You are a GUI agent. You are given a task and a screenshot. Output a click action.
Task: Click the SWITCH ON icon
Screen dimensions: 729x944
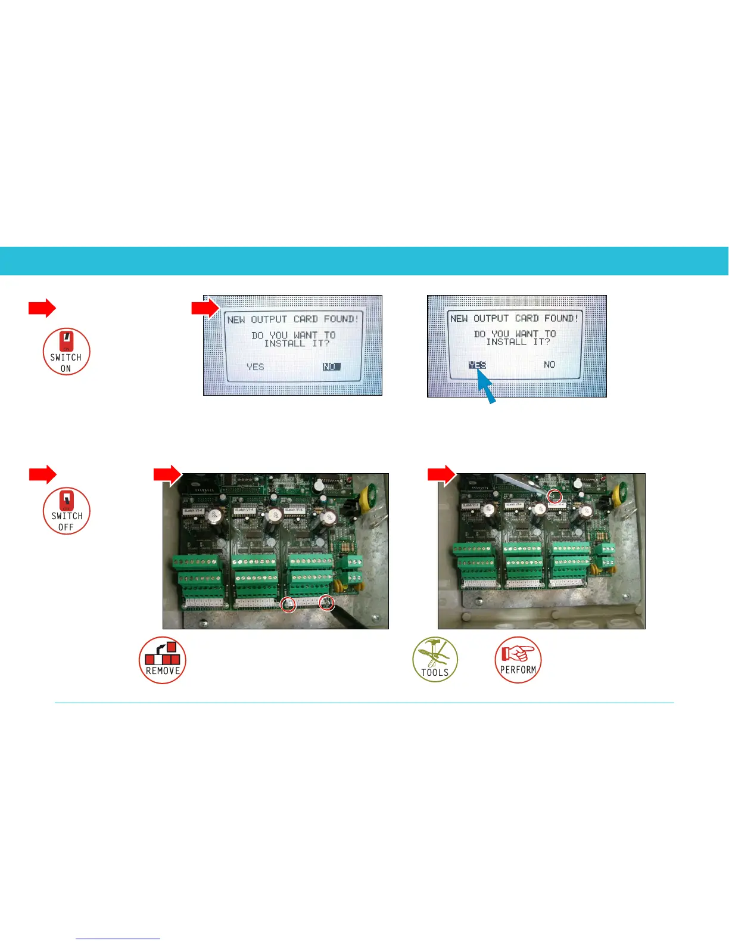coord(66,352)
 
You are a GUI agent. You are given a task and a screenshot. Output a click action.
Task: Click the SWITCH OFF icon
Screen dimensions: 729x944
coord(66,511)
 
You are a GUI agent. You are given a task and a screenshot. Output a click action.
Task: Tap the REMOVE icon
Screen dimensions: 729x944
coord(163,660)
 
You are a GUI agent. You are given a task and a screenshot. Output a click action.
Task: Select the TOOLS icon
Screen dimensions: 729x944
coord(435,660)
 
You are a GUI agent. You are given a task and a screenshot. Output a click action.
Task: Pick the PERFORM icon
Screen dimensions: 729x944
coord(518,660)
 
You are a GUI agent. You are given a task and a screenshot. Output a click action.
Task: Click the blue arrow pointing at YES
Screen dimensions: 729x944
coord(487,388)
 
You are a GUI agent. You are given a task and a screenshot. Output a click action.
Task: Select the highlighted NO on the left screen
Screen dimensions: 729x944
coord(331,367)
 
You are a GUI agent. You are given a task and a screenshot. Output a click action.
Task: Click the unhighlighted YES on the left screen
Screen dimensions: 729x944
coord(256,367)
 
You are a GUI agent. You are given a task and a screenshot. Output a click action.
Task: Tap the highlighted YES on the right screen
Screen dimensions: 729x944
coord(477,365)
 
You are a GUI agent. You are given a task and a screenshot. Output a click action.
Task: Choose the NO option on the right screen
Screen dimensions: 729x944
coord(549,365)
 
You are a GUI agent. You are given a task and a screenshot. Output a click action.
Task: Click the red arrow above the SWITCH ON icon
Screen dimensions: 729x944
coord(42,308)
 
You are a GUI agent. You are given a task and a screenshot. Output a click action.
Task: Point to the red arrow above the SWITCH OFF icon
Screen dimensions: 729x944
coord(42,474)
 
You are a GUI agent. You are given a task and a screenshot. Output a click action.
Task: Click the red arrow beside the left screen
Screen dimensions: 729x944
coord(205,308)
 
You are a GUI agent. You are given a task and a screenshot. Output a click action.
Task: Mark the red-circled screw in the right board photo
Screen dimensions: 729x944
coord(554,495)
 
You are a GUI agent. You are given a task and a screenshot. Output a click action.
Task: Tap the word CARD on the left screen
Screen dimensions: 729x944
coord(305,319)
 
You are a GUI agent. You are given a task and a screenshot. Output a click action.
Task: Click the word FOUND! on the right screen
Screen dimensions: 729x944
coord(561,318)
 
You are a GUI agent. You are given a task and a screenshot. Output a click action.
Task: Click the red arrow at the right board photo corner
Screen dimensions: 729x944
coord(441,474)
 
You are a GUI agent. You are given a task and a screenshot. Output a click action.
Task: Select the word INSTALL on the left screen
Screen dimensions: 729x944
coord(284,344)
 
